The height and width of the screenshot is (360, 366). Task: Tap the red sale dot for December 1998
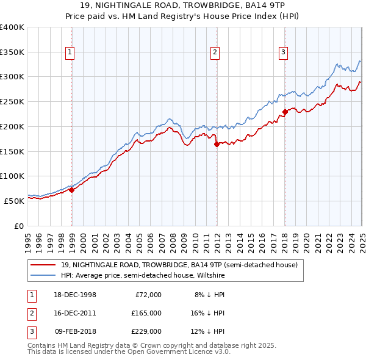[x=72, y=190]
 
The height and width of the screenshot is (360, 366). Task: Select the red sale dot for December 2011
[x=217, y=144]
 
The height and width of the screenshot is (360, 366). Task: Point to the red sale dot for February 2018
[x=285, y=112]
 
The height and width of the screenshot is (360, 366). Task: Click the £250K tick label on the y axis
[x=12, y=101]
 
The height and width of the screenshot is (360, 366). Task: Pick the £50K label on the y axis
[x=14, y=200]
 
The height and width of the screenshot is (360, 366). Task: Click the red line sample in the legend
[x=44, y=265]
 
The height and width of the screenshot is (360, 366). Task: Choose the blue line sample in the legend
[x=44, y=275]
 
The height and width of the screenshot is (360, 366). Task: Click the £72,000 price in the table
[x=147, y=295]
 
